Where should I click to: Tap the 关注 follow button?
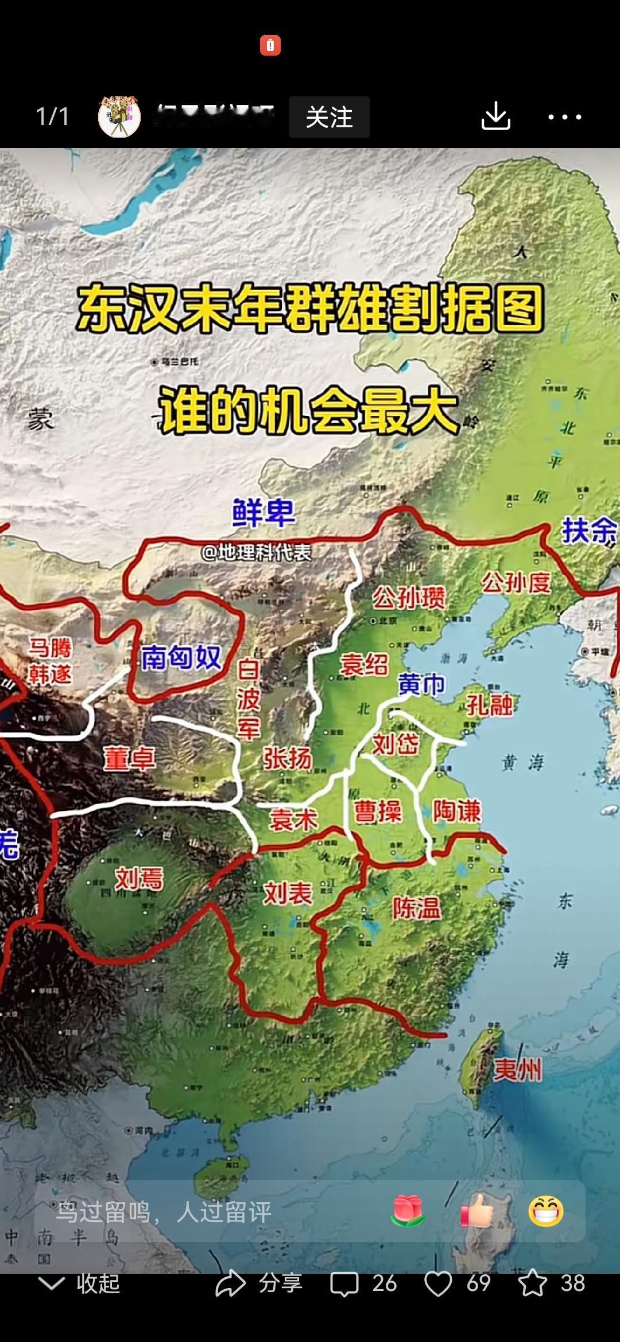(x=329, y=117)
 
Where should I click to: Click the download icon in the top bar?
(x=495, y=116)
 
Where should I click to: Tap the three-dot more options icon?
(x=564, y=117)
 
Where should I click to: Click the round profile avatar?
(x=119, y=117)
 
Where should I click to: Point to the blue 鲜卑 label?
(x=263, y=512)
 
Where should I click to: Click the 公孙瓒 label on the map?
(x=409, y=598)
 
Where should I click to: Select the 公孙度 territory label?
(x=516, y=583)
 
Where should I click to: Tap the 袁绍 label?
(x=364, y=665)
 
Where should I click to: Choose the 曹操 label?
(x=378, y=812)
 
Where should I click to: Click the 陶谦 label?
(x=457, y=811)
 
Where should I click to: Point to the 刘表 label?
(x=288, y=893)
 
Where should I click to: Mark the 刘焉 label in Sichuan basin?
(x=139, y=879)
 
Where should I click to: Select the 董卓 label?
(x=129, y=759)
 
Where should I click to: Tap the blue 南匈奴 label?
(x=181, y=657)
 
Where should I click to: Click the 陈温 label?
(x=417, y=908)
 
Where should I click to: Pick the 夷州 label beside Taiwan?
(x=518, y=1070)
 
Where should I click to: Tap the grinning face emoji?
(x=545, y=1211)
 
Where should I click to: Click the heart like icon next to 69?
(x=438, y=1284)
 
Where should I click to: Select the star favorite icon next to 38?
(x=532, y=1284)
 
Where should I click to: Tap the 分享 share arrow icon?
(x=230, y=1284)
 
